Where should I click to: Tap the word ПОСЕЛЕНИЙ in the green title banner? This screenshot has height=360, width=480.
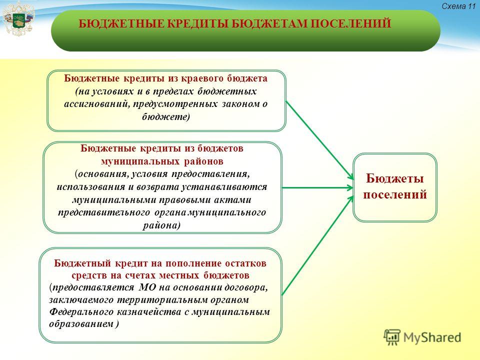(351, 24)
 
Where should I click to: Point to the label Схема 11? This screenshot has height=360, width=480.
(458, 6)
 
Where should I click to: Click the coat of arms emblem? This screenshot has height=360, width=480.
(18, 19)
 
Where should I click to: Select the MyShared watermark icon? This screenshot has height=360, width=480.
(392, 337)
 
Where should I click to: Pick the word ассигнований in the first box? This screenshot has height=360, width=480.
(94, 104)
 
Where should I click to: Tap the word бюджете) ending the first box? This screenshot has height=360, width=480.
(166, 117)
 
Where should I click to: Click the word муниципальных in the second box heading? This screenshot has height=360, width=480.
(140, 161)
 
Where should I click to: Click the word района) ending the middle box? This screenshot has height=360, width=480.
(161, 225)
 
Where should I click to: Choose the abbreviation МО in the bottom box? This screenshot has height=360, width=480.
(147, 287)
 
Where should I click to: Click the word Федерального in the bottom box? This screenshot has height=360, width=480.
(81, 312)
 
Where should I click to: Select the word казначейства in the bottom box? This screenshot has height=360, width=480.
(149, 312)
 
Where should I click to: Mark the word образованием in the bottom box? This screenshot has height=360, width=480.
(81, 324)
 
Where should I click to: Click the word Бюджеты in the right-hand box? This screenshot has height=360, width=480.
(395, 178)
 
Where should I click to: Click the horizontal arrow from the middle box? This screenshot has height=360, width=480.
(317, 187)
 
